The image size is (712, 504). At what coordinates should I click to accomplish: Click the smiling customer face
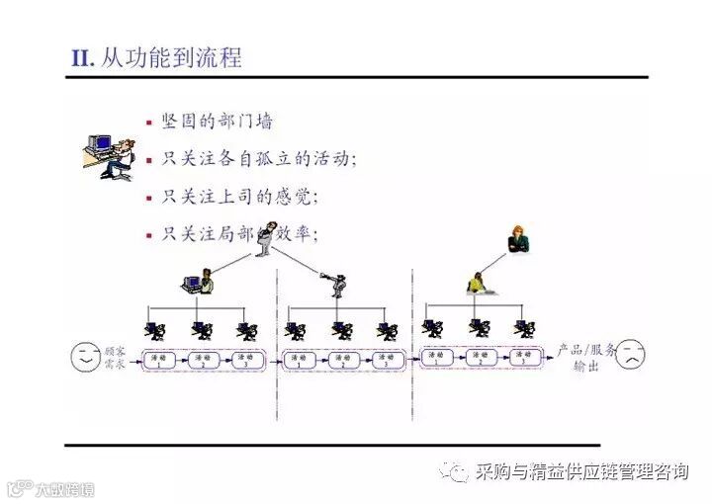click(86, 357)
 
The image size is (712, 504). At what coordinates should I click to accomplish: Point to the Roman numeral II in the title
click(81, 58)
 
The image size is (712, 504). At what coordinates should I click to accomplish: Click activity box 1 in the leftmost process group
click(157, 359)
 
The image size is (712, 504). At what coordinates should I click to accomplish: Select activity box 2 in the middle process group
click(341, 359)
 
